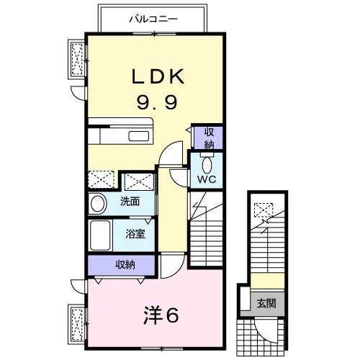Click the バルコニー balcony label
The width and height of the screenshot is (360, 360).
point(153,19)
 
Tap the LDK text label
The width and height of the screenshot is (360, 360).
point(158,76)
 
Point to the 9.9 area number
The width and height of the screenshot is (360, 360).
point(157,102)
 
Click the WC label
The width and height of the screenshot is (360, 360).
point(207,179)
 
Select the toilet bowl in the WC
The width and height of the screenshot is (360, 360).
point(207,166)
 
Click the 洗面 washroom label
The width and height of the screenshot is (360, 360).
point(130,202)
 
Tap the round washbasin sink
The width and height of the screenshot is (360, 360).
point(97,204)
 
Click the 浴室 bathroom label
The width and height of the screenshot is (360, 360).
point(135,234)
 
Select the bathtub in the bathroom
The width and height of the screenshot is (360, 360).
point(100,235)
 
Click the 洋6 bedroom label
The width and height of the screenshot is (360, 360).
point(161,315)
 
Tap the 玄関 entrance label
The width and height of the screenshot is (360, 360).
point(266,304)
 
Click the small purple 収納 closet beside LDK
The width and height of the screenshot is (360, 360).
point(209,138)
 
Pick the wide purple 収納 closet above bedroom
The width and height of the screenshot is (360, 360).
point(121,265)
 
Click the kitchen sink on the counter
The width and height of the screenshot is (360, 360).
point(138,136)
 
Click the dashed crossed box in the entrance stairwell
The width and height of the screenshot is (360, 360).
point(264,210)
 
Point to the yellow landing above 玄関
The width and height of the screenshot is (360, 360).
point(268,281)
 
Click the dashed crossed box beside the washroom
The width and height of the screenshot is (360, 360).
point(140,181)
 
